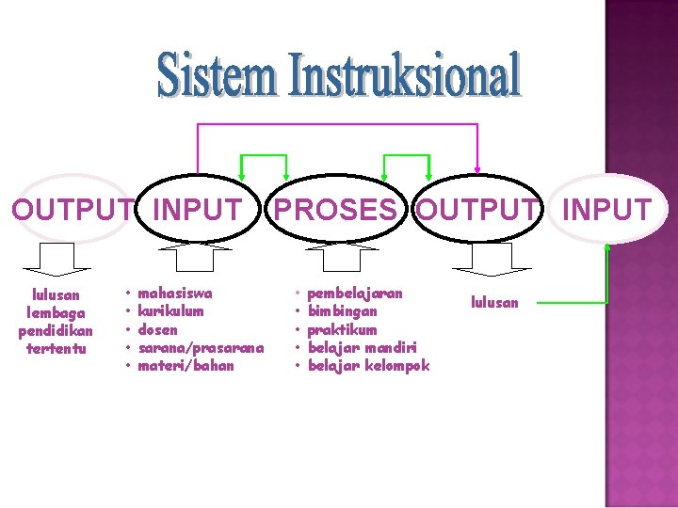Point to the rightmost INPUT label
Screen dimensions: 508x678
(606, 210)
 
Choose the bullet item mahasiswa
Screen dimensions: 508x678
(175, 293)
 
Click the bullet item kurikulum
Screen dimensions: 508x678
(170, 310)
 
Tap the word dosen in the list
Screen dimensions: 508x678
(157, 329)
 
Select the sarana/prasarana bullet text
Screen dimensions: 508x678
(201, 347)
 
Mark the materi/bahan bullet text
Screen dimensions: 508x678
(186, 365)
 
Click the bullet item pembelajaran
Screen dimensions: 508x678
(355, 293)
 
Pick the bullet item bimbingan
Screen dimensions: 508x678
(342, 310)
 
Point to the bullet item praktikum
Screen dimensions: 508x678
(342, 329)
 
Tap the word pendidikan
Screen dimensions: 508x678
(56, 331)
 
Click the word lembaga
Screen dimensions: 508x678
(56, 312)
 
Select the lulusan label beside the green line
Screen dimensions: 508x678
(494, 302)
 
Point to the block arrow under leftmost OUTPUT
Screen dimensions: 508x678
(56, 255)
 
